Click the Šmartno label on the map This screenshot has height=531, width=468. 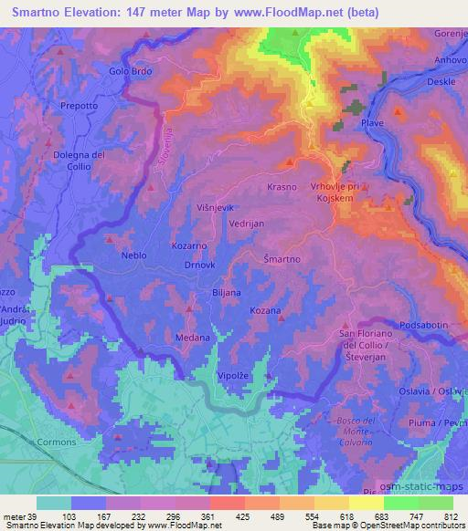pos(282,259)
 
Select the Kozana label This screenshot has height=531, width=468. pos(265,311)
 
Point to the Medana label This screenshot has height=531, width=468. pos(192,338)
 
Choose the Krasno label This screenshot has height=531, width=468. pos(282,186)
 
